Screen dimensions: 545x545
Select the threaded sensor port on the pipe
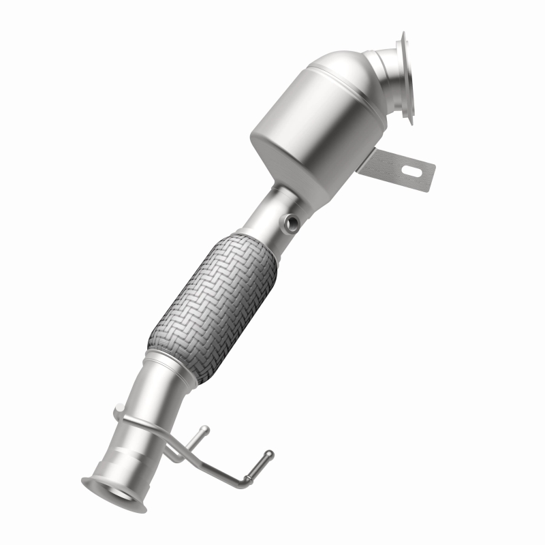[291, 221]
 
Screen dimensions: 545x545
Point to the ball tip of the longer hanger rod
[269, 454]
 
